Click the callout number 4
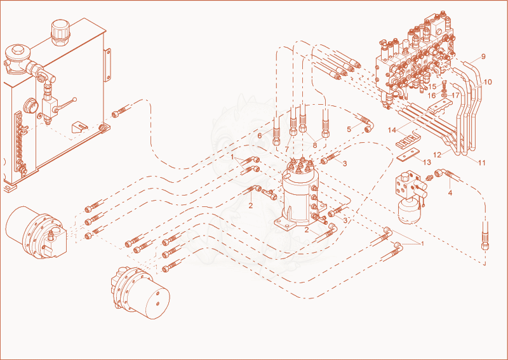click(x=450, y=193)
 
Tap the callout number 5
click(x=349, y=130)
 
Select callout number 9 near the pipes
click(x=483, y=57)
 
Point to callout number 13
click(x=427, y=162)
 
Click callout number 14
click(x=392, y=130)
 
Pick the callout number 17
click(x=455, y=96)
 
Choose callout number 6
click(x=260, y=136)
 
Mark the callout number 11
click(x=482, y=163)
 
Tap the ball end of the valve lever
click(x=75, y=99)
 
